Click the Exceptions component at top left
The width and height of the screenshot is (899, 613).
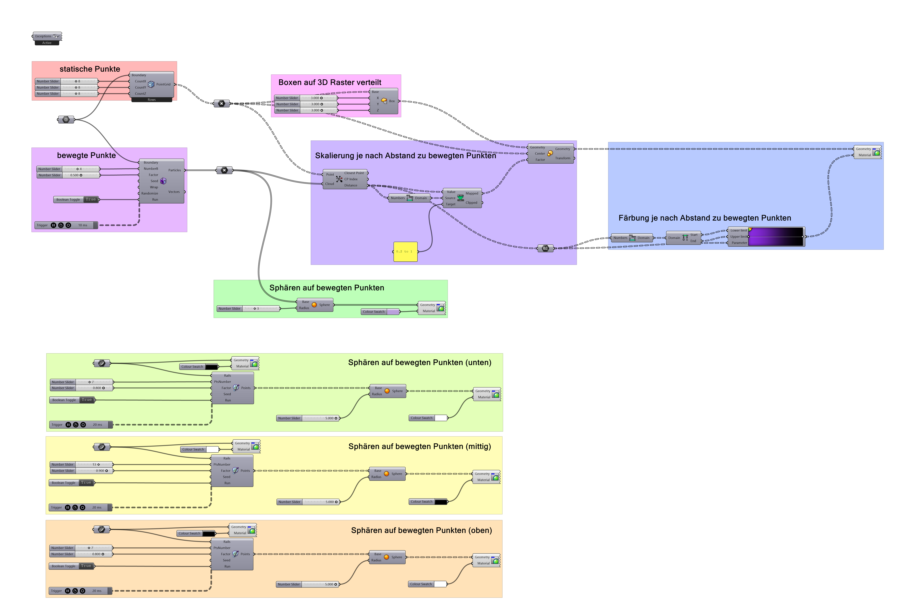47,36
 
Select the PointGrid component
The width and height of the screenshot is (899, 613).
152,84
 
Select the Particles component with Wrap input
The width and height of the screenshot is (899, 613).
162,181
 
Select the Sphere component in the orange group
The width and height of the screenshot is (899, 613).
387,557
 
